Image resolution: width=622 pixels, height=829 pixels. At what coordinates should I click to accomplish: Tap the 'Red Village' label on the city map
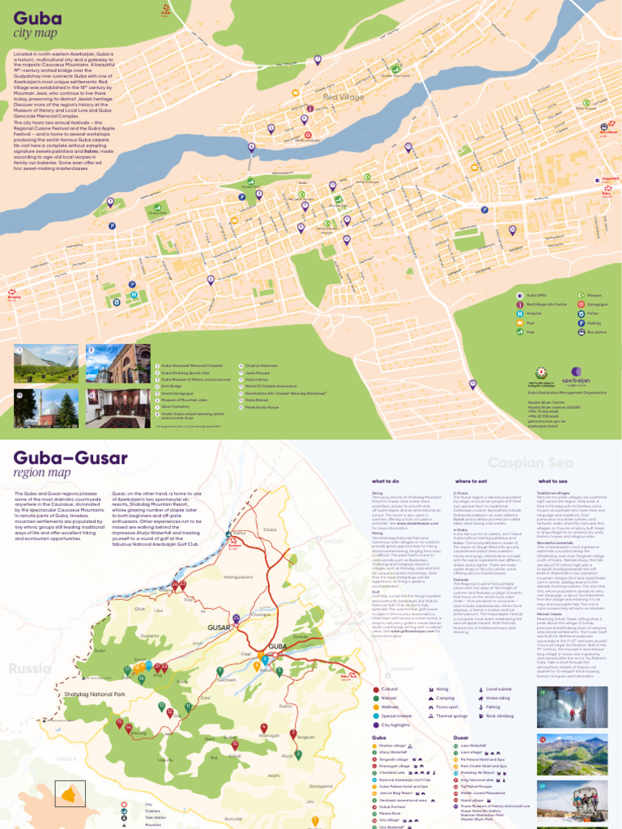[x=343, y=97]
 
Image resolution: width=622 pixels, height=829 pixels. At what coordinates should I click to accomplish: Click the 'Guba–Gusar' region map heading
[x=70, y=458]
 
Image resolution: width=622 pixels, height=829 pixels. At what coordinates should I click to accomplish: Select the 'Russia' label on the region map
[x=30, y=669]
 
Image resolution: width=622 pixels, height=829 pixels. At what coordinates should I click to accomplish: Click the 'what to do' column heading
[x=386, y=481]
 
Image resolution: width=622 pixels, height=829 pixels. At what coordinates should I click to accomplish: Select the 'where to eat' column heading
[x=471, y=481]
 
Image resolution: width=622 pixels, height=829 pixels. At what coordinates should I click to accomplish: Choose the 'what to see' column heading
[x=552, y=481]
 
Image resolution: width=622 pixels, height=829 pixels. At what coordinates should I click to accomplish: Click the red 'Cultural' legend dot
[x=376, y=688]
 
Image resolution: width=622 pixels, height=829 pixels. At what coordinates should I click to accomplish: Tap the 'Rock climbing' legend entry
[x=501, y=716]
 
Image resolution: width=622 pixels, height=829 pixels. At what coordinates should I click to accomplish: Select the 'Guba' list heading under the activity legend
[x=378, y=738]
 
